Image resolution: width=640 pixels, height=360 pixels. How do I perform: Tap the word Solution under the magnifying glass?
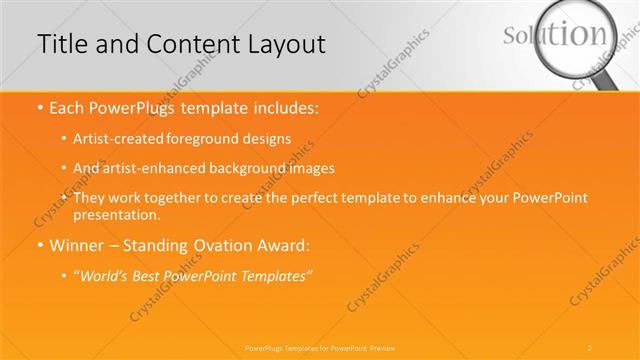click(555, 35)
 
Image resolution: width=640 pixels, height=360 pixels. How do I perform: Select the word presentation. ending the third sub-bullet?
click(116, 215)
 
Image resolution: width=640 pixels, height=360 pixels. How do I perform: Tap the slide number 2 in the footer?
click(590, 347)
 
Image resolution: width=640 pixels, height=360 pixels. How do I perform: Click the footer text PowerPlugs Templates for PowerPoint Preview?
click(320, 347)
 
